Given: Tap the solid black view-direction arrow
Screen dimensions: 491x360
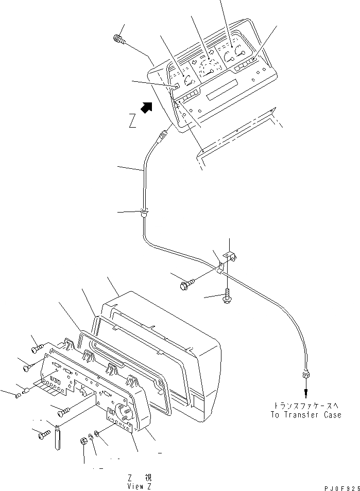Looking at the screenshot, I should point(147,107).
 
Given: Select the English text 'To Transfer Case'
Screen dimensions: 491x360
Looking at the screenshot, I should point(306,414).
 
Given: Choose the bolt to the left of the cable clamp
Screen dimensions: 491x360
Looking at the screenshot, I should point(186,284).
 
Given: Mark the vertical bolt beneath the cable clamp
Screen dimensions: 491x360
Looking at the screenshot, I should point(226,296).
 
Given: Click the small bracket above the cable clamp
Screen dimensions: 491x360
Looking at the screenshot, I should point(230,255).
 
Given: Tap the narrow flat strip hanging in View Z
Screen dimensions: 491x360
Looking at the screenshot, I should point(57,436).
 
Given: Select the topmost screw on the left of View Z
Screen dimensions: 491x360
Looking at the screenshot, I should point(36,349).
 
